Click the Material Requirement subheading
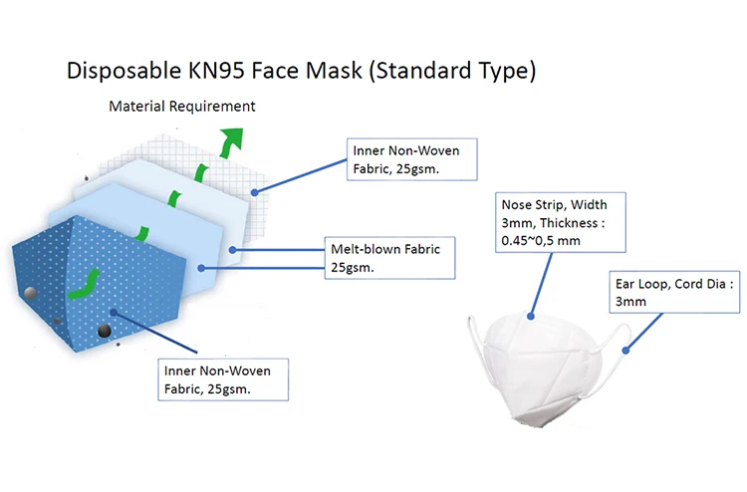(x=182, y=106)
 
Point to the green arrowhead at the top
(x=234, y=139)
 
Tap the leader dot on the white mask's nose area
(x=532, y=317)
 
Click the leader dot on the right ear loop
(x=625, y=348)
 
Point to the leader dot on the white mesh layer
(x=255, y=191)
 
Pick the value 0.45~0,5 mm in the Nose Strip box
(x=541, y=241)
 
